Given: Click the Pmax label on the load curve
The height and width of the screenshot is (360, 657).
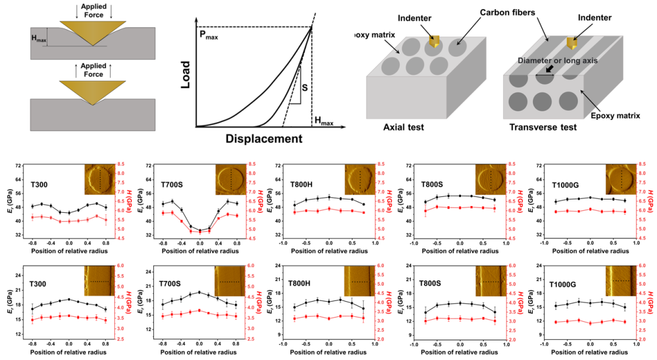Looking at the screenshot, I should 209,36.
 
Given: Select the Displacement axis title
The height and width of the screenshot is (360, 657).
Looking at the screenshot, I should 265,139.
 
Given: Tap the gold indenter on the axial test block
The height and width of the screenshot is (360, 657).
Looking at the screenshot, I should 434,41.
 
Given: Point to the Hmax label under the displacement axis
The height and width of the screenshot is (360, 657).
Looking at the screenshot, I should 323,123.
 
